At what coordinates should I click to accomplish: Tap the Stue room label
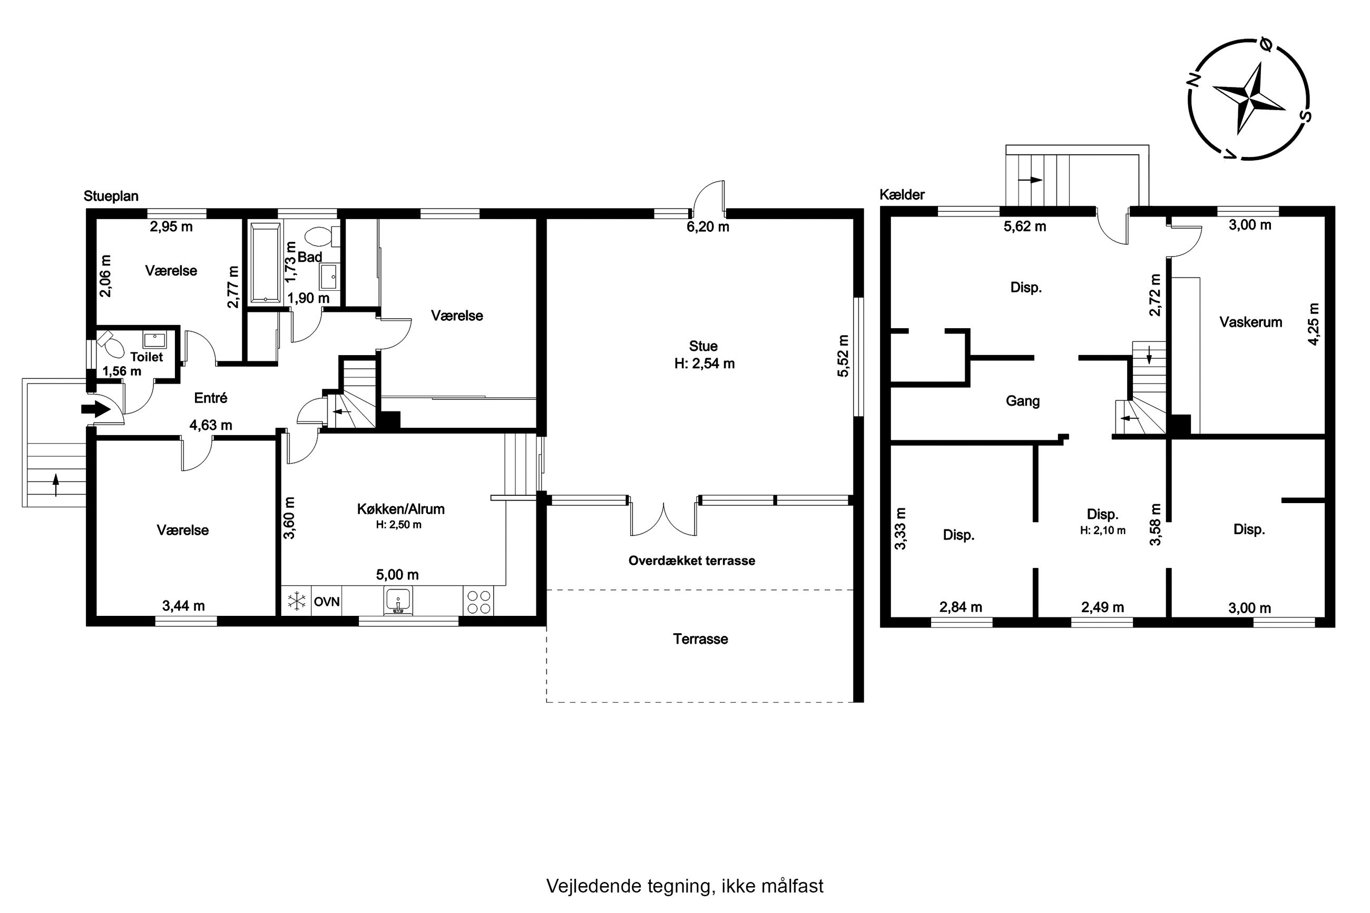click(703, 346)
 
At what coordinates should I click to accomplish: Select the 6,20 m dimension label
click(708, 227)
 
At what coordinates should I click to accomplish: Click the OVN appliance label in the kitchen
click(327, 602)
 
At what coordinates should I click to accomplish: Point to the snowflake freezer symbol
click(297, 601)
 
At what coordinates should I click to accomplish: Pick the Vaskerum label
click(1250, 322)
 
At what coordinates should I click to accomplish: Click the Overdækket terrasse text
click(692, 561)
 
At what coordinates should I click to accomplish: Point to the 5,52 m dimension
click(843, 355)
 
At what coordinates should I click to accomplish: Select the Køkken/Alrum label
click(400, 509)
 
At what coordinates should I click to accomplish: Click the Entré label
click(210, 398)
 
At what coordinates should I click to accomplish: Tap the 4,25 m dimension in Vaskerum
click(1314, 325)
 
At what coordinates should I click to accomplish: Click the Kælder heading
click(902, 194)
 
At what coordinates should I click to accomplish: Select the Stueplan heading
click(111, 195)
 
